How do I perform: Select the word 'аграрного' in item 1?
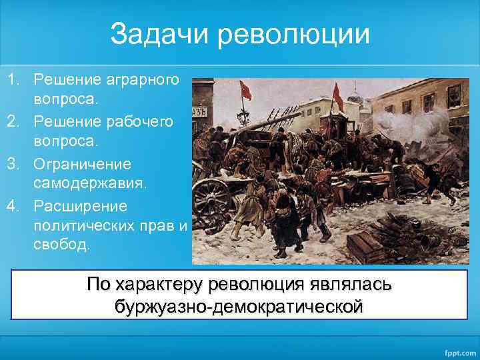141,81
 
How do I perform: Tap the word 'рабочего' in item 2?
141,122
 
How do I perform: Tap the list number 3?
13,163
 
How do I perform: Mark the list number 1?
13,81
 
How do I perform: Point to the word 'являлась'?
351,285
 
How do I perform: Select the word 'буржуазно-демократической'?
240,307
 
